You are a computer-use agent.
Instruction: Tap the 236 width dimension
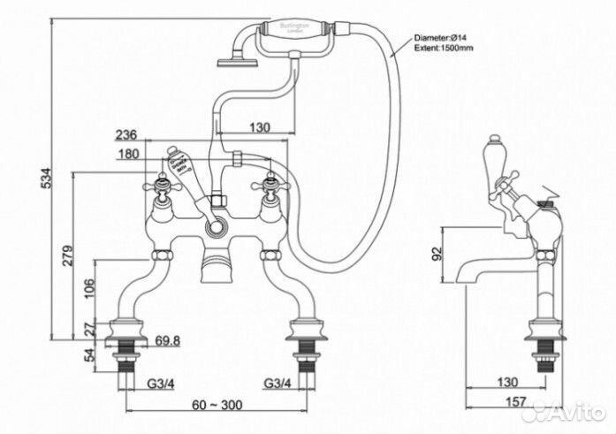pyautogui.click(x=125, y=134)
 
